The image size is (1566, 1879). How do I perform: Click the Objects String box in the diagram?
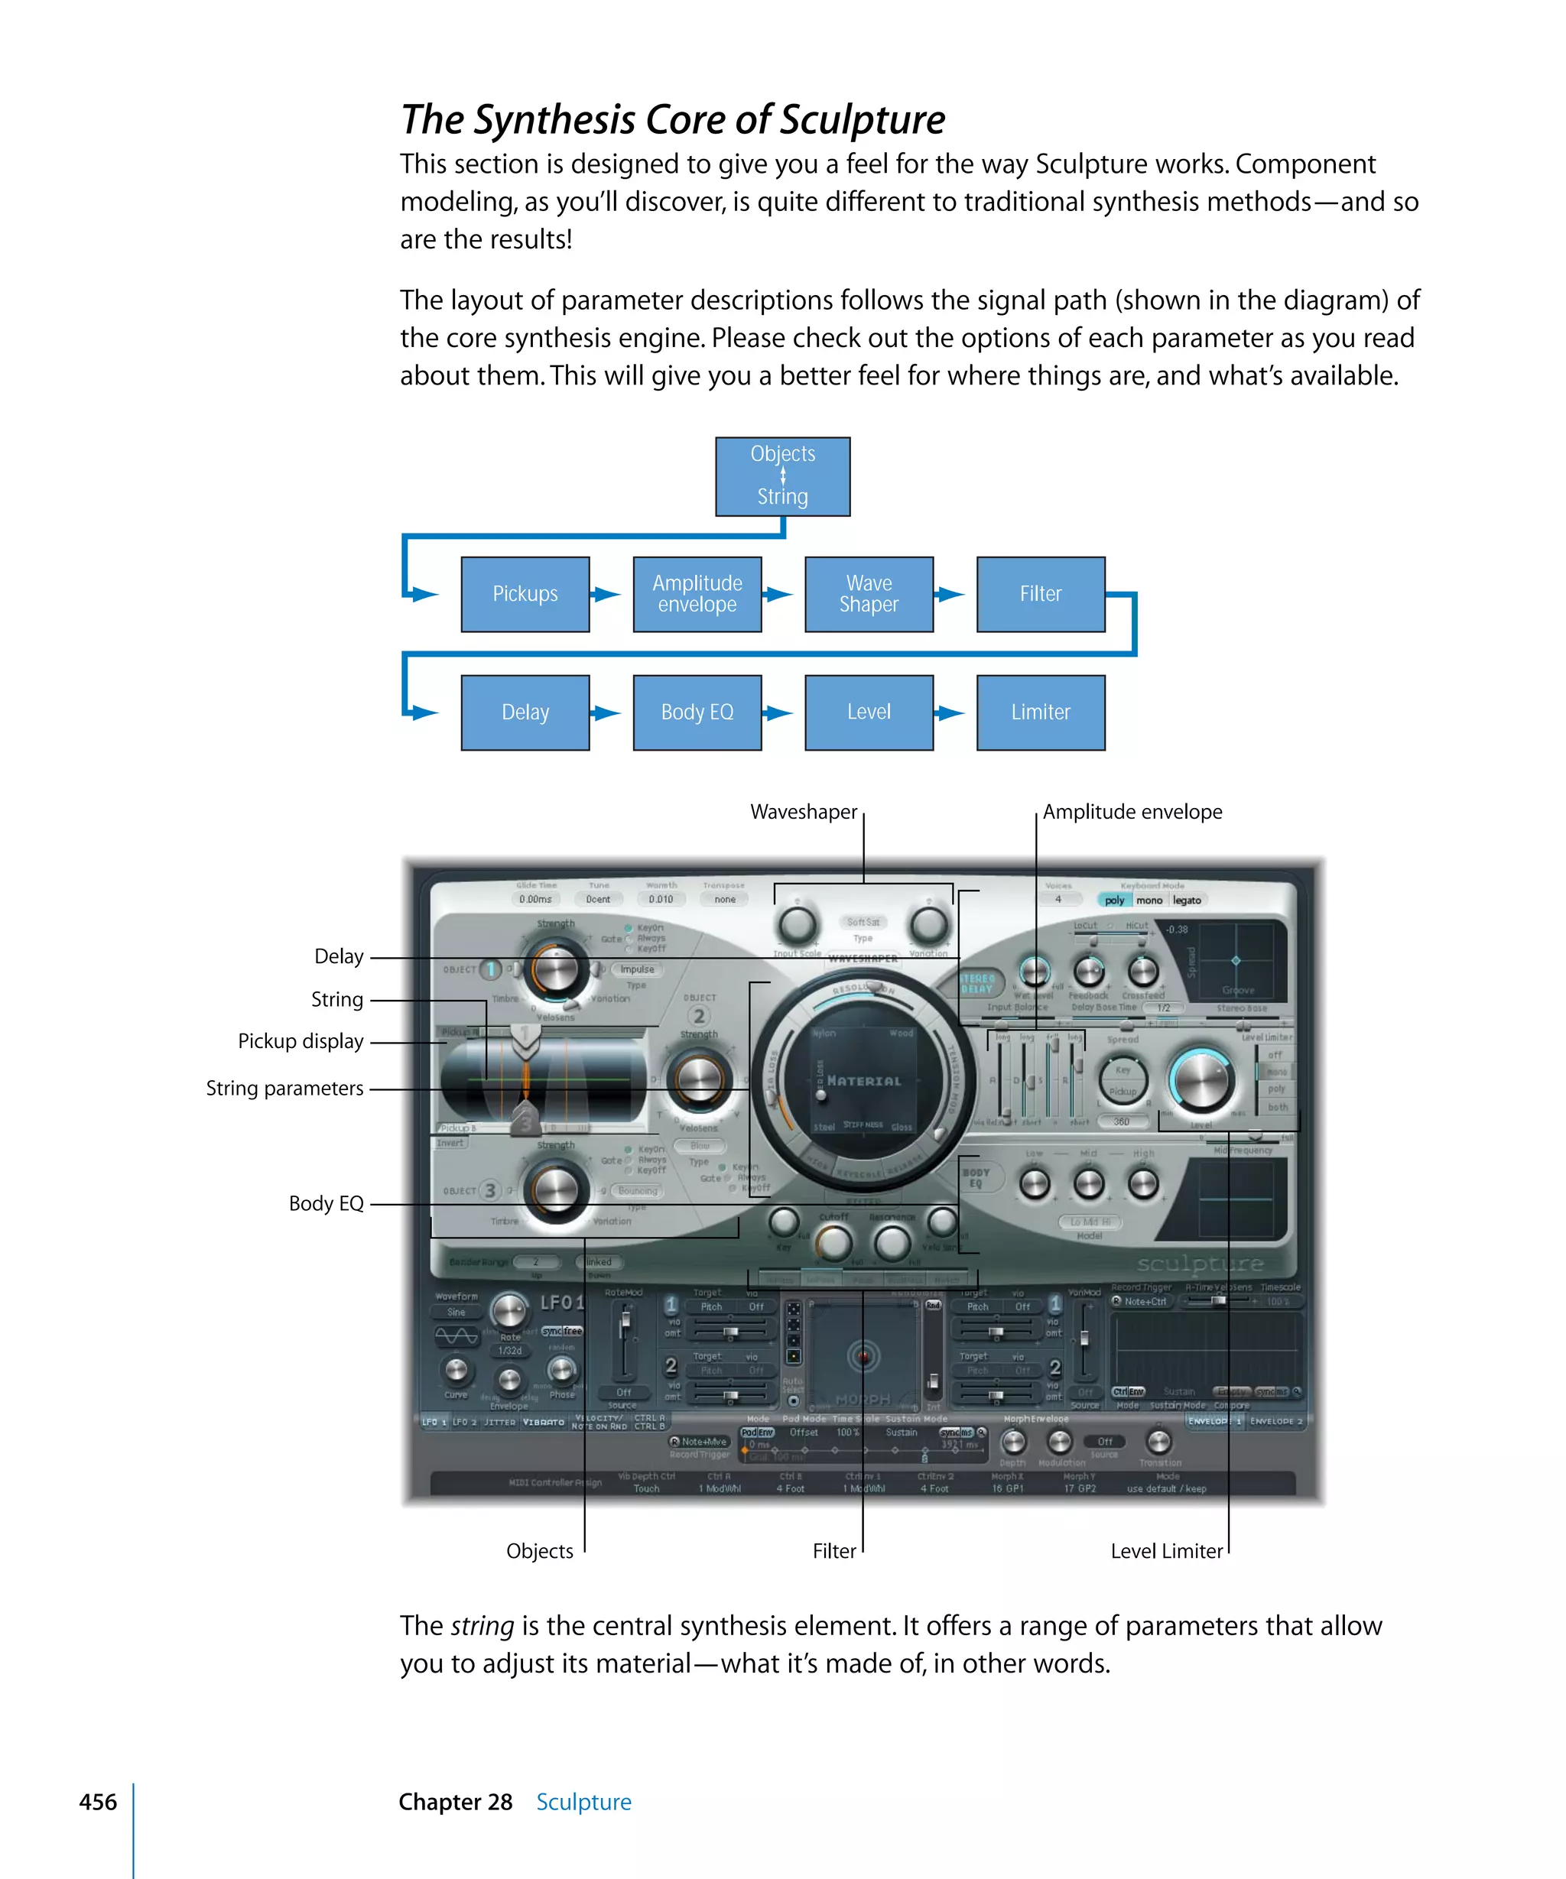pos(782,476)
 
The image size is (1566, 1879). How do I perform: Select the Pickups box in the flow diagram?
pos(525,594)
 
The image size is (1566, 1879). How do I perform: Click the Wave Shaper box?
pos(868,594)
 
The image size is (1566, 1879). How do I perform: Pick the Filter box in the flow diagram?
pos(1040,594)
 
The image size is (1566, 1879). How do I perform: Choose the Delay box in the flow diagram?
pos(525,712)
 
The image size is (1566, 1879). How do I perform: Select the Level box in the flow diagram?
pos(868,712)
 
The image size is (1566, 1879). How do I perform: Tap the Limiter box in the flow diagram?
pos(1040,712)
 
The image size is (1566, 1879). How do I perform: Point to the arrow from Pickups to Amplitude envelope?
pos(606,594)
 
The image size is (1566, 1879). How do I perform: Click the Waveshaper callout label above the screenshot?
pos(803,812)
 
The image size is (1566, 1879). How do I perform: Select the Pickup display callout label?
pos(301,1040)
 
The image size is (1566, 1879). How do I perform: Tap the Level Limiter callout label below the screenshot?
pos(1165,1550)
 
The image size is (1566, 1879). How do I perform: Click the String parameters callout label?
pos(284,1088)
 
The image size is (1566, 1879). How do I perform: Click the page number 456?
pos(98,1801)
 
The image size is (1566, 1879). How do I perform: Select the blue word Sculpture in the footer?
pos(583,1801)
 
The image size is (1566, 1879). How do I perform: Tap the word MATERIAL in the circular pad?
pos(863,1081)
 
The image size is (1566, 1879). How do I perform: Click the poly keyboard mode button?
pos(1114,900)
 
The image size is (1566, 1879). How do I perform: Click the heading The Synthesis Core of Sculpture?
pos(672,119)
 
